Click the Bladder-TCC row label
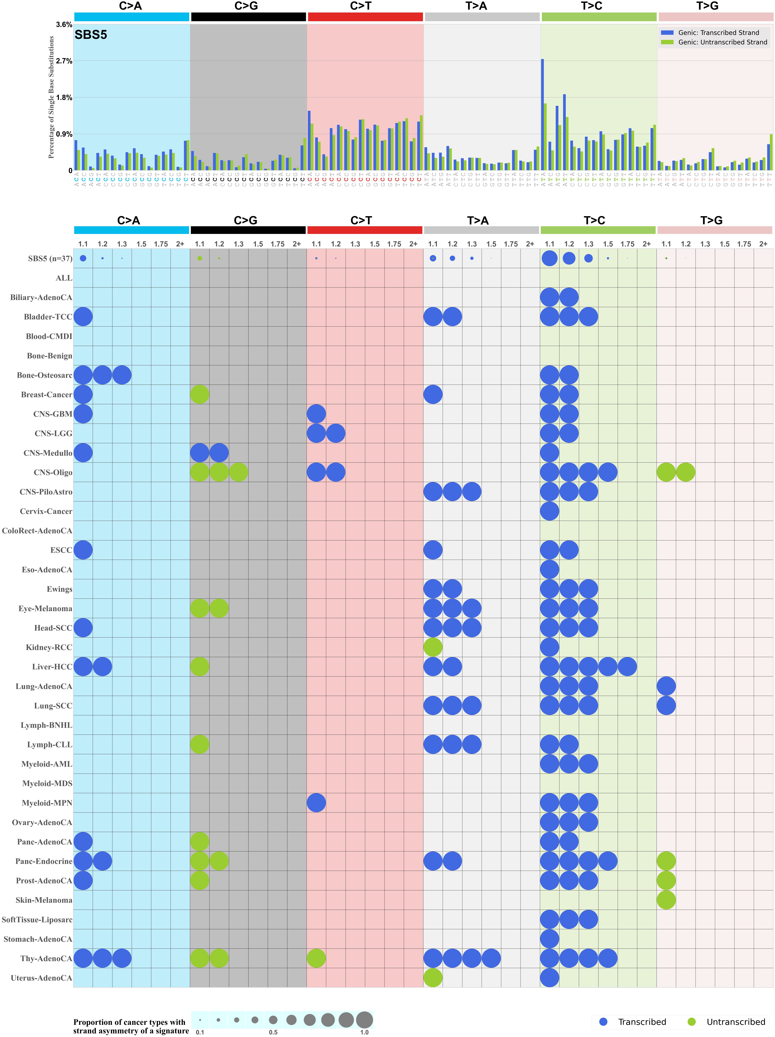pyautogui.click(x=48, y=317)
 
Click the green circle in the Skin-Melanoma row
pyautogui.click(x=666, y=900)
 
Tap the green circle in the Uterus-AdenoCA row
pyautogui.click(x=433, y=978)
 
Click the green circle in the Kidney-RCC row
pyautogui.click(x=433, y=647)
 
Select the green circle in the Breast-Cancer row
pyautogui.click(x=200, y=395)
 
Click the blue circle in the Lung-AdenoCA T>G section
pyautogui.click(x=666, y=686)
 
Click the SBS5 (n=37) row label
pyautogui.click(x=50, y=259)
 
